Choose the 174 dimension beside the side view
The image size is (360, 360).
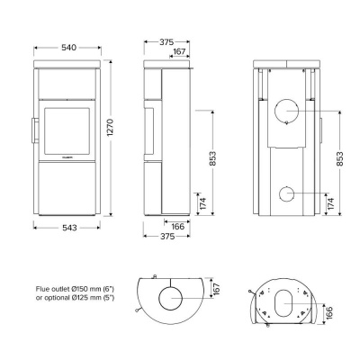pos(202,204)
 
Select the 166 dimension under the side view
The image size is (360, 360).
pos(178,229)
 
